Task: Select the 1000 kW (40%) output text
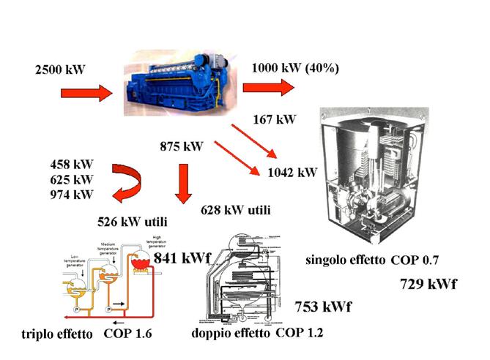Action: (294, 68)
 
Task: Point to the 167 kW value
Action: (274, 119)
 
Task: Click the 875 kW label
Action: (182, 146)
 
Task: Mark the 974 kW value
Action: (72, 194)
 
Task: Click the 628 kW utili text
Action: (235, 211)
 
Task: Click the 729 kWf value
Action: (428, 284)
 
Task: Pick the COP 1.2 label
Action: (300, 331)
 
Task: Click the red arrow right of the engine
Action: (268, 87)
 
